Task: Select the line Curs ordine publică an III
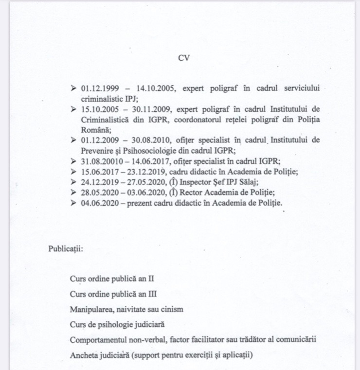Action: pos(113,294)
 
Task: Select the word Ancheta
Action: pos(84,354)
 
